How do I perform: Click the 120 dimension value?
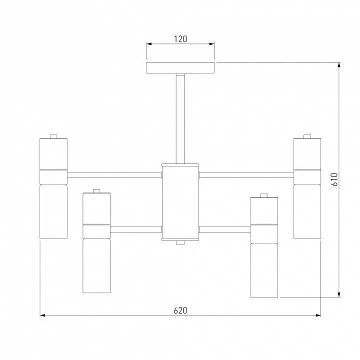coord(180,39)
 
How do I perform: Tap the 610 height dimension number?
coord(334,179)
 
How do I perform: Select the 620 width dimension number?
coord(180,310)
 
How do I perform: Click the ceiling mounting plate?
coord(180,67)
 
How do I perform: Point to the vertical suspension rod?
coord(180,118)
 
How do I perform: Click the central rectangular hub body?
coord(180,202)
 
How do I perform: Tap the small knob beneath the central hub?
coord(180,242)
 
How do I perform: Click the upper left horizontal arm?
coord(114,175)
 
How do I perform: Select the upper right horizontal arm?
coord(246,175)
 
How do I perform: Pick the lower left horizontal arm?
coord(136,229)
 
